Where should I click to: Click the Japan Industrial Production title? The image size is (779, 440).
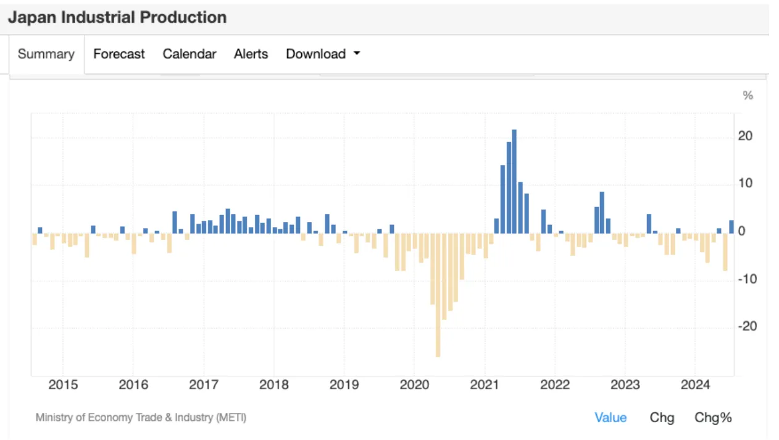(117, 17)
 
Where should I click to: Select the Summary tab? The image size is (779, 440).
(46, 54)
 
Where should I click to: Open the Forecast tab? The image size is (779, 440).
(119, 54)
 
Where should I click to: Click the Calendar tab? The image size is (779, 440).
(190, 54)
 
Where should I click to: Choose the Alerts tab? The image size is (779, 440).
(251, 54)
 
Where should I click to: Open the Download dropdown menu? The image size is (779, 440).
(322, 54)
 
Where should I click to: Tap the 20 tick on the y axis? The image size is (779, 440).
(745, 136)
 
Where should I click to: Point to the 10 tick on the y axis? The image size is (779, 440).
(745, 184)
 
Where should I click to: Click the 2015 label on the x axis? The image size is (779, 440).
(63, 386)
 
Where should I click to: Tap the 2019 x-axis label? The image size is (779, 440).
(344, 386)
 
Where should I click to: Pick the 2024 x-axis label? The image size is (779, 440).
(695, 386)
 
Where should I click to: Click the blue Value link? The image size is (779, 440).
(610, 418)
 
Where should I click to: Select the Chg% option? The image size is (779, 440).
(713, 418)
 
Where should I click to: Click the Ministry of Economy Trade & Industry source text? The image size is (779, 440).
(141, 418)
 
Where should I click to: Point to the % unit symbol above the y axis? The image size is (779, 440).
(748, 96)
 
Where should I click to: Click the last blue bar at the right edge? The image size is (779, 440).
(731, 227)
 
